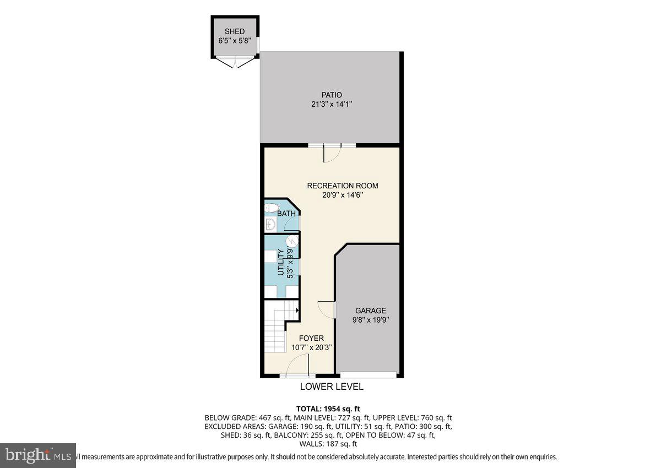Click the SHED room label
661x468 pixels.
coord(234,32)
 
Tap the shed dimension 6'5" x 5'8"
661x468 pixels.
coord(234,41)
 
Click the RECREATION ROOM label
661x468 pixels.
coord(343,186)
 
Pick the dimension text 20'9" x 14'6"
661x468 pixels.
coord(343,195)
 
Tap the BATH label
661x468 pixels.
coord(286,214)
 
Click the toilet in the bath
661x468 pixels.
coord(272,208)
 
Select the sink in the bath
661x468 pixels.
coord(270,224)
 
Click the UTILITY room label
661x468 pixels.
coord(280,262)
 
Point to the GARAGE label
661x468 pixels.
coord(370,311)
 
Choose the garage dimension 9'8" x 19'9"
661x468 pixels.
coord(370,320)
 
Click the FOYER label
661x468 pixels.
coord(311,338)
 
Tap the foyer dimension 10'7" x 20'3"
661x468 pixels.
coord(311,347)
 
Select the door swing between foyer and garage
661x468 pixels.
coord(327,310)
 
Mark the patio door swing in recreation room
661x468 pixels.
coord(332,154)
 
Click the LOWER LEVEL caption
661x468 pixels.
coord(332,387)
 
